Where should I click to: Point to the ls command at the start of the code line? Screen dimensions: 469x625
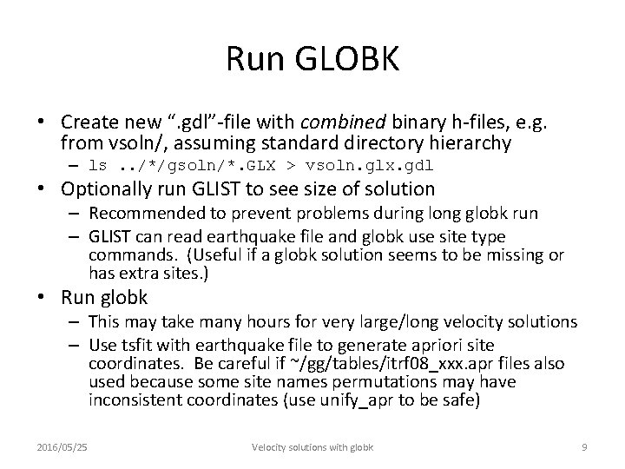98,165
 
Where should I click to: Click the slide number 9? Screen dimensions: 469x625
584,447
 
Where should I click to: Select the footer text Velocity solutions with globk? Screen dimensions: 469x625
312,447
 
